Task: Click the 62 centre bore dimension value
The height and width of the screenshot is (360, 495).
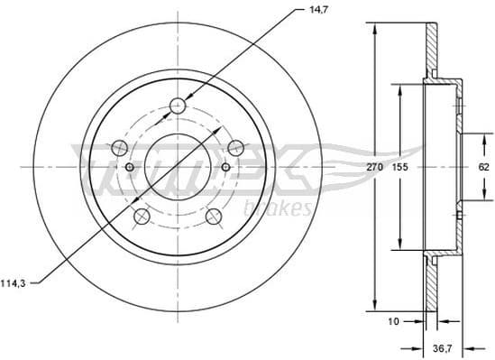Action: pyautogui.click(x=483, y=167)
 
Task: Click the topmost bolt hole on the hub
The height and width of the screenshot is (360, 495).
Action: pyautogui.click(x=178, y=106)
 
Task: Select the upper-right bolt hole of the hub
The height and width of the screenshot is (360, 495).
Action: pyautogui.click(x=235, y=147)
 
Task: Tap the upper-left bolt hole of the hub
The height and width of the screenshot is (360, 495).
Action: pyautogui.click(x=119, y=147)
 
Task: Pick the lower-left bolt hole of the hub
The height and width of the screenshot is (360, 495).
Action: pyautogui.click(x=142, y=217)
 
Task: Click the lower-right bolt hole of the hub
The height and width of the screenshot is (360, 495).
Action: pyautogui.click(x=214, y=217)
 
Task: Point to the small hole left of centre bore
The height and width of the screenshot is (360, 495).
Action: pyautogui.click(x=130, y=168)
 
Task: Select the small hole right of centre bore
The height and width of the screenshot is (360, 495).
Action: pyautogui.click(x=225, y=168)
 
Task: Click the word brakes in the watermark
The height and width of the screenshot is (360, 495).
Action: pyautogui.click(x=288, y=208)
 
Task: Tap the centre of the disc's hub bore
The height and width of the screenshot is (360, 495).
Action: pyautogui.click(x=178, y=168)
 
